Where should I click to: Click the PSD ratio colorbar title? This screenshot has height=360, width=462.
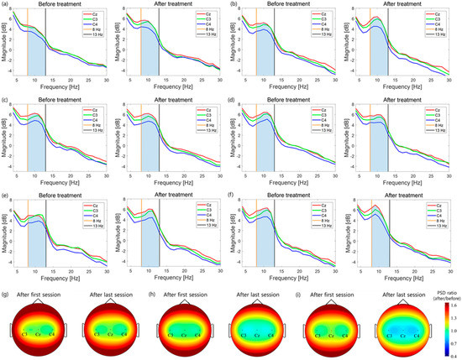[x=437, y=296]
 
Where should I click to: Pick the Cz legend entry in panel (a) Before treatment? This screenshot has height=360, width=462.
[x=98, y=14]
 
